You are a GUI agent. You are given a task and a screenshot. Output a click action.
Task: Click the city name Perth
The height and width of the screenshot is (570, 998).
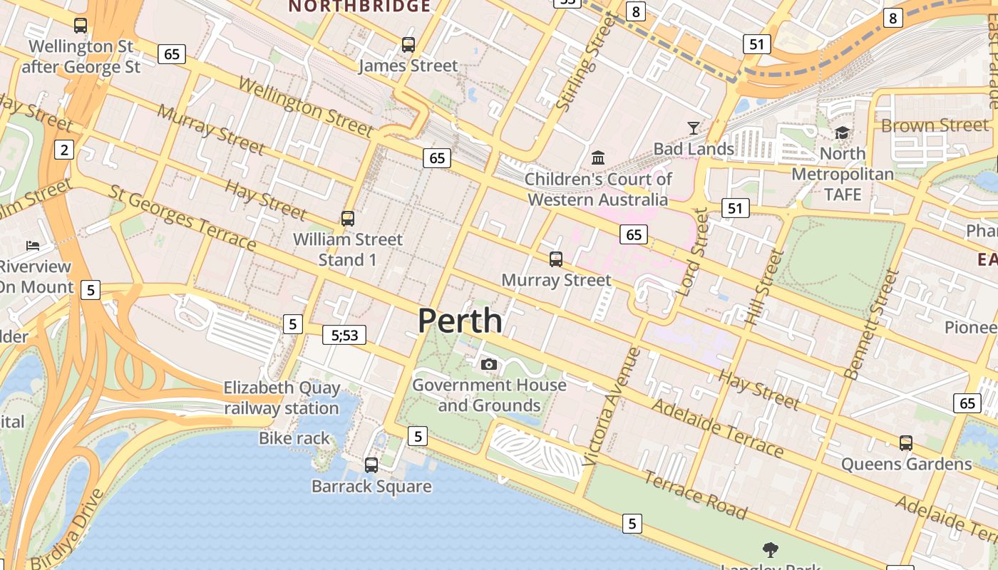coord(460,321)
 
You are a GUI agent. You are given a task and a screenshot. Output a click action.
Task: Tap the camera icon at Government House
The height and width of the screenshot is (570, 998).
coord(488,365)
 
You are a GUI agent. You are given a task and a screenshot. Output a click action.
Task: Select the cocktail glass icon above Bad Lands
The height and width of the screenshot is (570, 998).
coord(694,128)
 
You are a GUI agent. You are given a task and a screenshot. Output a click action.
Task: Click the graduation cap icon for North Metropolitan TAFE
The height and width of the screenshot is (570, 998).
coord(843,133)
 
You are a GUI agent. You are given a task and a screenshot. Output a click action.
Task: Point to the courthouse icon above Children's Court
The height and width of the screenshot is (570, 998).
coord(598,157)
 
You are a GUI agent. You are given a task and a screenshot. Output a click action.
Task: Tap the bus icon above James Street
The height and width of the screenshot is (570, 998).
coord(408,45)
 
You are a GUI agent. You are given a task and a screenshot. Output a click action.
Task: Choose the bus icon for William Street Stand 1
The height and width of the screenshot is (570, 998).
coord(348,219)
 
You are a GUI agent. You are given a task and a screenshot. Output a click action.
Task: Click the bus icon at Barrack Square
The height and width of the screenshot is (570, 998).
coord(371,465)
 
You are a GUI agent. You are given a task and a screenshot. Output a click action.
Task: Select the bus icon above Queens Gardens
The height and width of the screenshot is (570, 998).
coord(905,443)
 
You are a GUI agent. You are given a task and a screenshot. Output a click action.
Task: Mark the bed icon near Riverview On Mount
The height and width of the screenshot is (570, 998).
coord(33,246)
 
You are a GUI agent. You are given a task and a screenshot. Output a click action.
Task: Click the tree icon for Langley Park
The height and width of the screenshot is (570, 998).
coord(770,549)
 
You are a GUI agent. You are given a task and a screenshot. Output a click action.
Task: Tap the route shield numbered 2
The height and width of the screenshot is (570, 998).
coord(65,150)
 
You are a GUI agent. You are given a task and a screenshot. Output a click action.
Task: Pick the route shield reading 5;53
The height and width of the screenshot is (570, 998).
coord(344,335)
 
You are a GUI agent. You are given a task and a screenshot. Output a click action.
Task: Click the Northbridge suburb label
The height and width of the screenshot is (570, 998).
coord(359,6)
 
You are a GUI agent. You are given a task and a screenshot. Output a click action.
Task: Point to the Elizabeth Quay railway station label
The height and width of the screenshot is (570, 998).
coord(282,398)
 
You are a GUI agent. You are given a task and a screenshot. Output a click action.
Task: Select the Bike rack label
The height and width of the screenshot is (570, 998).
coord(294,438)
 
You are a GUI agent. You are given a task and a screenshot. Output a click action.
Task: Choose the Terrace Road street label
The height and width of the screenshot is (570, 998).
coord(695,494)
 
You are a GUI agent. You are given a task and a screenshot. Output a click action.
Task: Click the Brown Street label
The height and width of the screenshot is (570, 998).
coord(935,125)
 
